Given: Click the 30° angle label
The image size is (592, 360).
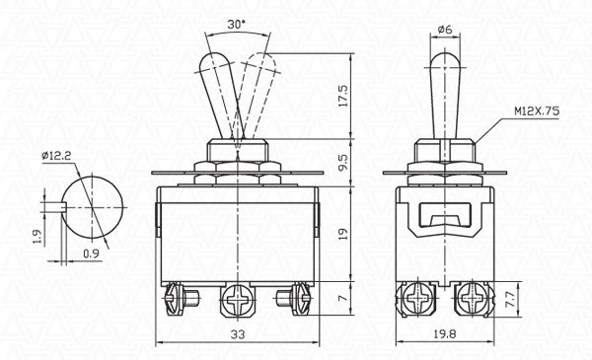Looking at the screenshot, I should coord(235,24).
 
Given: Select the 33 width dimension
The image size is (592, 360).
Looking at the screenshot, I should coord(237,335).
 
